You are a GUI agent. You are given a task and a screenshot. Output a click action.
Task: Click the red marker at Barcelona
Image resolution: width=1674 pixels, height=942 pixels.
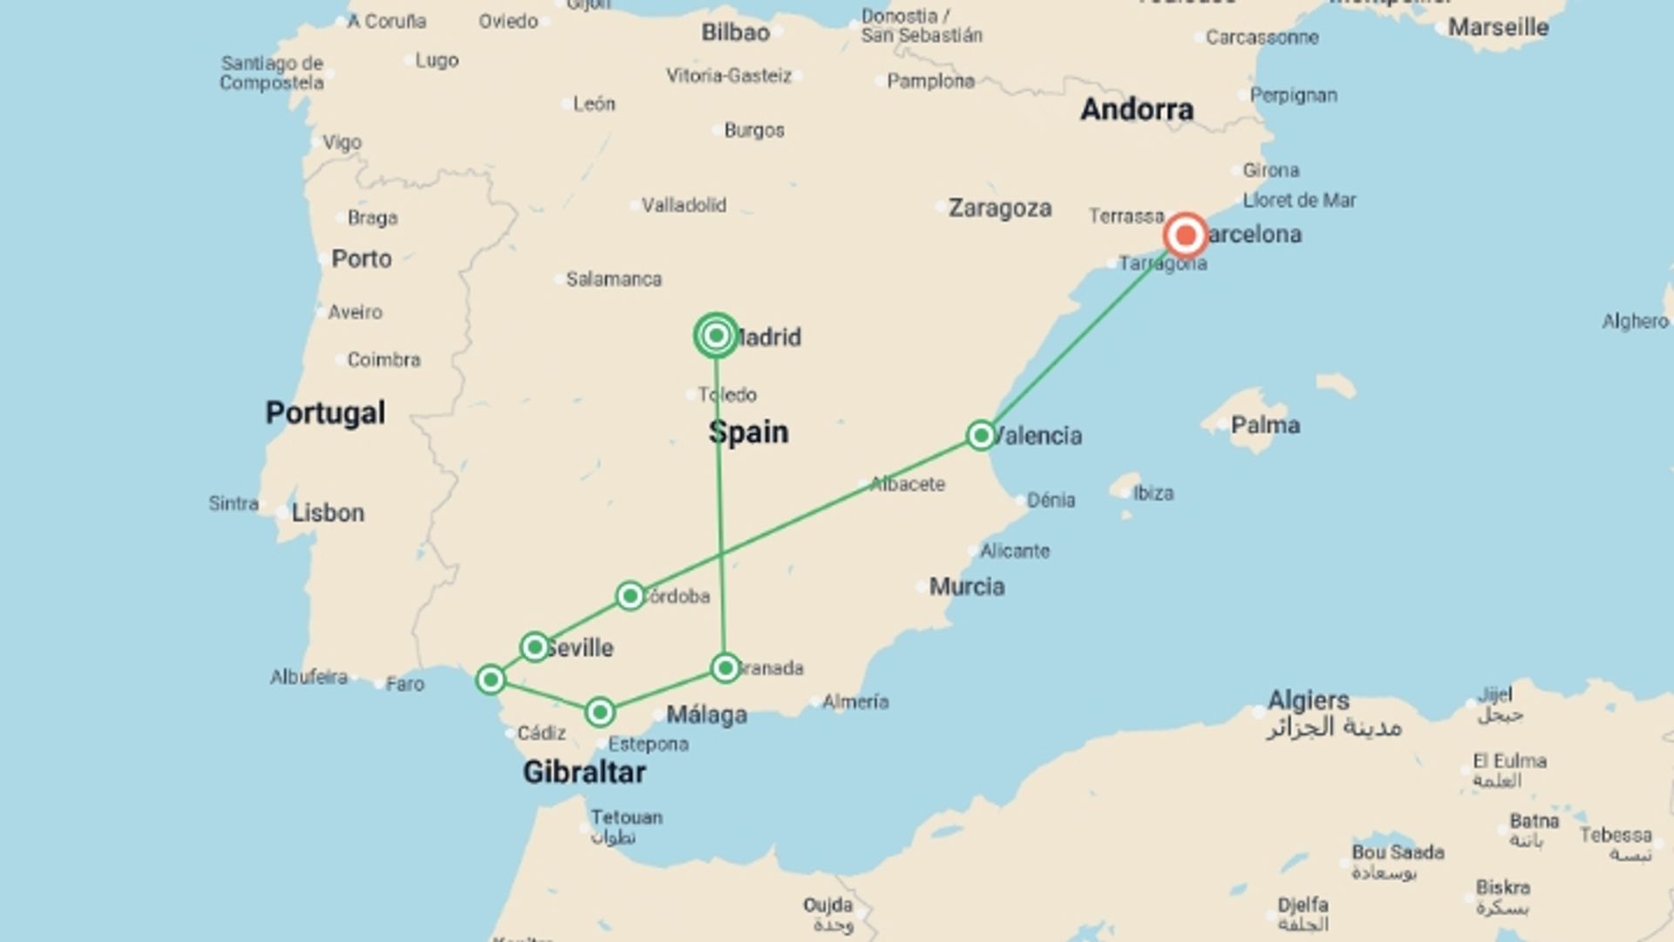click(1186, 235)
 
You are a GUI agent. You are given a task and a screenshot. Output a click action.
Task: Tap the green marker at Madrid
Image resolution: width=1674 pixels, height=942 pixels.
click(716, 335)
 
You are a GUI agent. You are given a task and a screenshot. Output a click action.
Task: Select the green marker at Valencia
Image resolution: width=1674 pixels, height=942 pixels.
click(981, 434)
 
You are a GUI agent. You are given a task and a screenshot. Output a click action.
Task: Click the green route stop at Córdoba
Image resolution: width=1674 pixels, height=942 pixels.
click(629, 596)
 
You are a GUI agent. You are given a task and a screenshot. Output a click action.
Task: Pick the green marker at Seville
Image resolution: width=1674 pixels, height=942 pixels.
click(534, 647)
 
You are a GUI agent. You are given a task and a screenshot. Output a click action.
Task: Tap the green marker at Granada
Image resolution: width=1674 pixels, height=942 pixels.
click(725, 668)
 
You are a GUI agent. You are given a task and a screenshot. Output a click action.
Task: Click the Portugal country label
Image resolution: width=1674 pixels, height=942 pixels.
click(325, 413)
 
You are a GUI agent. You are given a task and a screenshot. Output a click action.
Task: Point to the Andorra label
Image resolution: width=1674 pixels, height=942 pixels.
click(1137, 109)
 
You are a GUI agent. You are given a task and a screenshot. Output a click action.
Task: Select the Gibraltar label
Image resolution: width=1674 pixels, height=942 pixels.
click(584, 772)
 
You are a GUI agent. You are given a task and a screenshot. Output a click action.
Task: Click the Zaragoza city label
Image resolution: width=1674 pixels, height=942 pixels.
click(999, 208)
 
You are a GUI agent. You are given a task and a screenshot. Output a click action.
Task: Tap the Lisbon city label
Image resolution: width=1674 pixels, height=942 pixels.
click(327, 512)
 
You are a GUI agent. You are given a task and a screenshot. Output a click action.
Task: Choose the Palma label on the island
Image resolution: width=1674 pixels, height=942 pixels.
click(1265, 425)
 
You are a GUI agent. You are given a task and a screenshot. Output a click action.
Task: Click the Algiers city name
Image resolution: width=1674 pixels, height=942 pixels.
click(1308, 700)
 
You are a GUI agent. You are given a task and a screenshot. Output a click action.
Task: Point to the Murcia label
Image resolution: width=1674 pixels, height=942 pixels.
click(966, 586)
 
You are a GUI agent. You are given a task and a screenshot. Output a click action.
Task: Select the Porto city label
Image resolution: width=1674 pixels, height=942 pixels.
click(361, 258)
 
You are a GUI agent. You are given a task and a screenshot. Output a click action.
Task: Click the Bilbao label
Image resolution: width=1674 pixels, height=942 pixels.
click(735, 32)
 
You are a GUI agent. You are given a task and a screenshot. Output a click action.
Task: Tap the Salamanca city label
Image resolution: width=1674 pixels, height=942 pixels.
click(614, 279)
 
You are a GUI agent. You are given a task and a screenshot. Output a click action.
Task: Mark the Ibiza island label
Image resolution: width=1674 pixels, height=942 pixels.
click(1153, 493)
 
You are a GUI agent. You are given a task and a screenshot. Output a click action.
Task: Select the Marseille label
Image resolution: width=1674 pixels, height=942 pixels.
click(1498, 27)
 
